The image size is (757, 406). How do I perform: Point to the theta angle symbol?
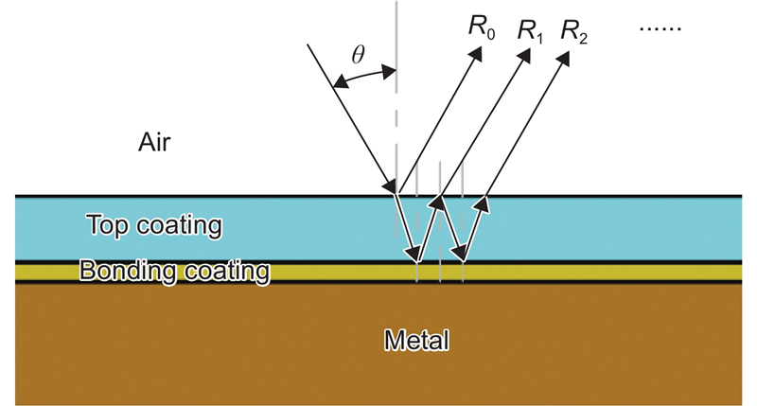click(358, 55)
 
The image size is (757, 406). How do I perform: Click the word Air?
click(154, 142)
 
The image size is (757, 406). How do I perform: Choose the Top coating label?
click(153, 226)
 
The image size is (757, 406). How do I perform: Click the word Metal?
click(415, 339)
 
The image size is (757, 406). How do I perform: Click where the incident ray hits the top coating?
click(396, 194)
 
